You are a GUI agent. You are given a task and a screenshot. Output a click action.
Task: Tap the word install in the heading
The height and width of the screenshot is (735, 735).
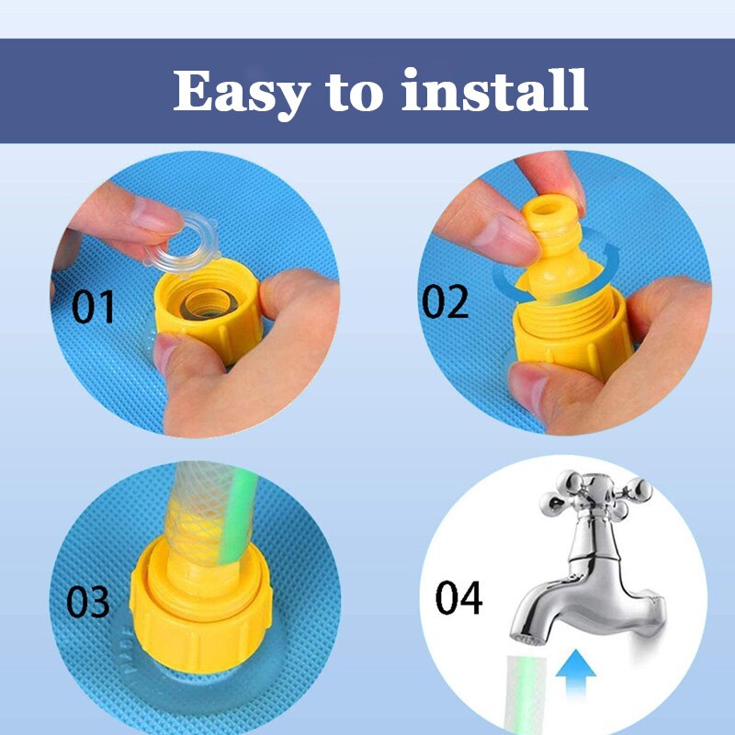(494, 89)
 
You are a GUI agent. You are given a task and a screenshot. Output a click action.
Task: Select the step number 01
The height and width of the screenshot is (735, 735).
(93, 307)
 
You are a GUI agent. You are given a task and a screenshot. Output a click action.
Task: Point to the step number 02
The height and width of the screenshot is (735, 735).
(445, 301)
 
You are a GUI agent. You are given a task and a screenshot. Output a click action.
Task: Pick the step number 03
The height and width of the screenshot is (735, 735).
(87, 602)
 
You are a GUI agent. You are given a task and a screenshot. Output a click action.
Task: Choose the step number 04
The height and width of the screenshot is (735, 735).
(458, 597)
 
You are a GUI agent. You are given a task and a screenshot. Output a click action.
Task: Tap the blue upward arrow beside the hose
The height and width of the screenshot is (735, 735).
(575, 675)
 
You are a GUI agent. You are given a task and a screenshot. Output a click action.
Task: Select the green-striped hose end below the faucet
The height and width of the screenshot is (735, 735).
(526, 693)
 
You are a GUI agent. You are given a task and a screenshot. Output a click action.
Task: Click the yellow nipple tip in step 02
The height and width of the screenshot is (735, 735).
(546, 212)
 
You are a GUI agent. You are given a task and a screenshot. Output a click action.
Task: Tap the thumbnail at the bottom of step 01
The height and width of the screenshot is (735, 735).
(165, 353)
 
